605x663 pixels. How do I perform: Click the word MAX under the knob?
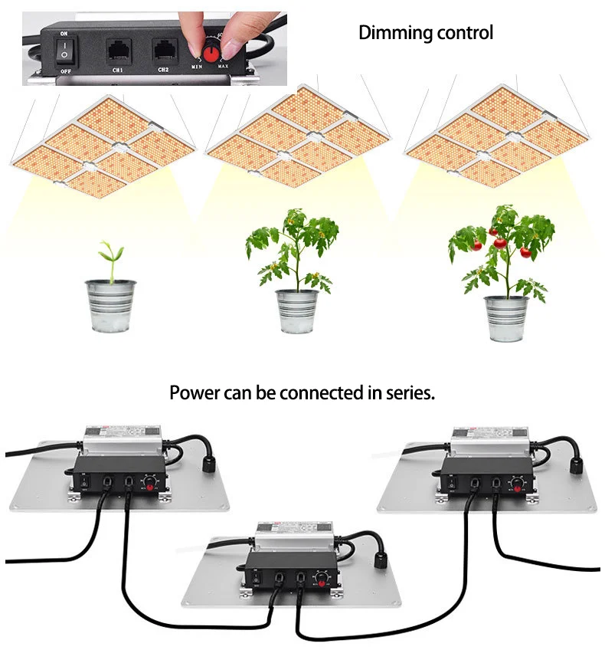(223, 67)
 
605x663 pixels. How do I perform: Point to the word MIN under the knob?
(196, 67)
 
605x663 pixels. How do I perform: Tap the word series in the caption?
(411, 394)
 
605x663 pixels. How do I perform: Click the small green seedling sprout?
(112, 256)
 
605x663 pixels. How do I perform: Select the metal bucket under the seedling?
(110, 305)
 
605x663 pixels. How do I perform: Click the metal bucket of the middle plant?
(296, 310)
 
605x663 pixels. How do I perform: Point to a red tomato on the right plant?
(500, 243)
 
